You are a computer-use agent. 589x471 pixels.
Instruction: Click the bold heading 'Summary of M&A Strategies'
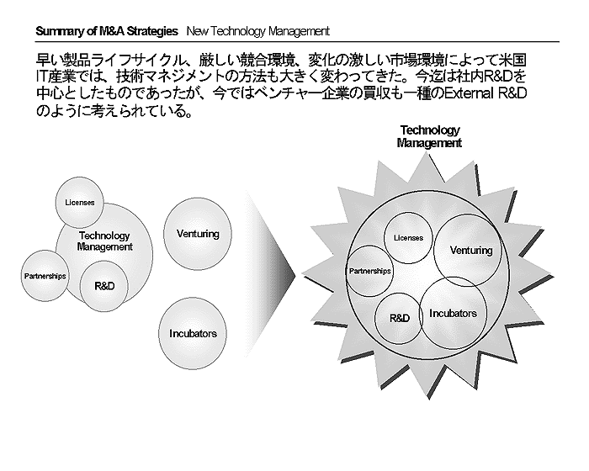pos(107,31)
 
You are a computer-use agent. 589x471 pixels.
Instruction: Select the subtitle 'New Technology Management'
pos(257,31)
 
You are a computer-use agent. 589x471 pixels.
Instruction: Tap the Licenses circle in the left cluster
pos(80,203)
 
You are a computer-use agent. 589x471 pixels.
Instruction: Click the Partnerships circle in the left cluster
pos(45,276)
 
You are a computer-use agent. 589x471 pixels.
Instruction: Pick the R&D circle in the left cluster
pos(104,286)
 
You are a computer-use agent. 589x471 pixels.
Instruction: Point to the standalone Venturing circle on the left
pos(198,234)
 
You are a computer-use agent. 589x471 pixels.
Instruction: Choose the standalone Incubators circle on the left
pos(193,334)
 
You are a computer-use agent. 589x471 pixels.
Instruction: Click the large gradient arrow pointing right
pos(270,275)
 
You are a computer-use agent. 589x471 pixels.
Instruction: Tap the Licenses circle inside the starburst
pos(408,238)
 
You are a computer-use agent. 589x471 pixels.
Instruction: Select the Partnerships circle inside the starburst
pos(369,271)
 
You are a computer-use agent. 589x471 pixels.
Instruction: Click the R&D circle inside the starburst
pos(400,319)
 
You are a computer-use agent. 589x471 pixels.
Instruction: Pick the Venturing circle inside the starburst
pos(468,250)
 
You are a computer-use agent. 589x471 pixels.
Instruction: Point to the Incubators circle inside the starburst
pos(453,314)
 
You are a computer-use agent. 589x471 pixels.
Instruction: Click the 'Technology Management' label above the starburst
pos(429,136)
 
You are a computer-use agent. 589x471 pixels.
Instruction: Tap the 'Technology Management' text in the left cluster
pos(104,241)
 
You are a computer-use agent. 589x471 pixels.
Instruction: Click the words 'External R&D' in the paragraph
pos(486,93)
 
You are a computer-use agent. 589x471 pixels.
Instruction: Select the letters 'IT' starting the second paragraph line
pos(41,77)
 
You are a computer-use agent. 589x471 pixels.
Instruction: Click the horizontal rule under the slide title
pos(298,42)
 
